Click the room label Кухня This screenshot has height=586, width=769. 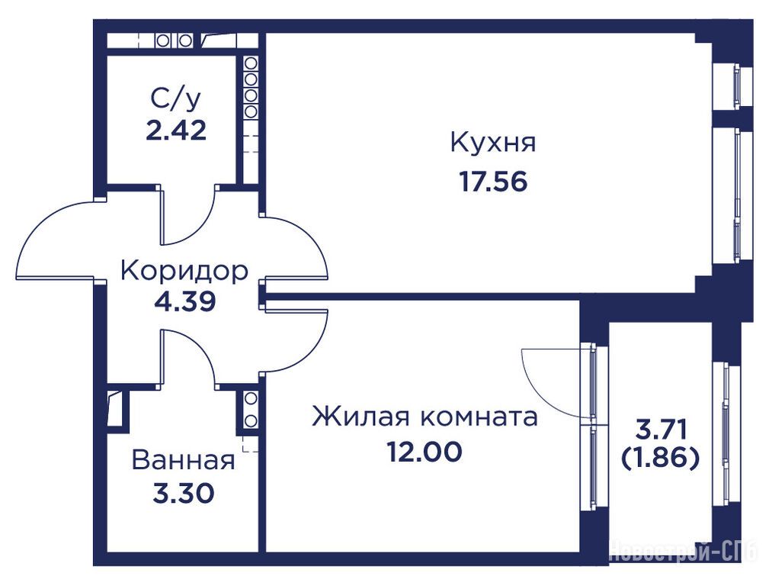click(493, 143)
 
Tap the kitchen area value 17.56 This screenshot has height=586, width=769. click(493, 182)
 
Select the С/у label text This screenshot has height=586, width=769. click(175, 101)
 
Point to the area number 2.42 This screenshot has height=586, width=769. click(175, 130)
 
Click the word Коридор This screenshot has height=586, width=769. click(184, 272)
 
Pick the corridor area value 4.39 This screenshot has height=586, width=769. click(184, 301)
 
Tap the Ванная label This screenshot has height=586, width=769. click(184, 461)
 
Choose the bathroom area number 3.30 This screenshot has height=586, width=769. click(184, 493)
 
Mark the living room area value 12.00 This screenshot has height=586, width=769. click(425, 452)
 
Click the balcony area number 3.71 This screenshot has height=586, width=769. click(660, 430)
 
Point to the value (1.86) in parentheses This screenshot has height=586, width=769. click(660, 459)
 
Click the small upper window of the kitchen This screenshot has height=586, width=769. click(737, 85)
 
